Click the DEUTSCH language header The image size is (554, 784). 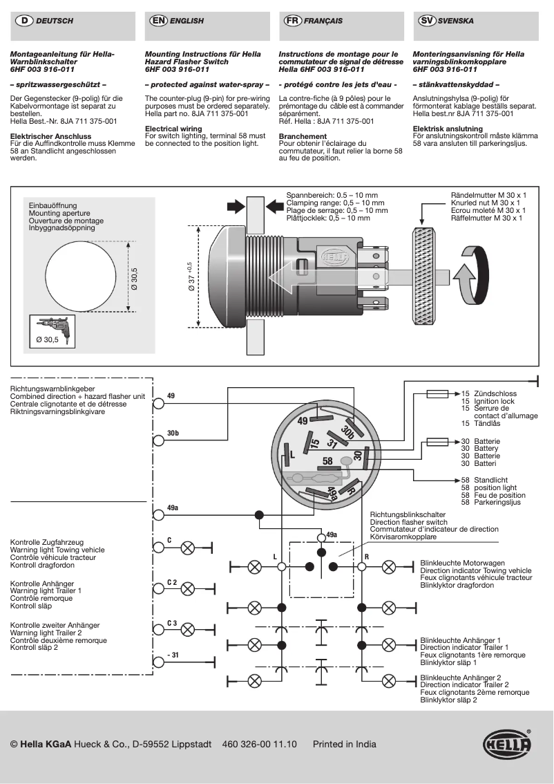click(54, 21)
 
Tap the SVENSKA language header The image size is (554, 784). click(456, 21)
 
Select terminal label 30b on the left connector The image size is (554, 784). click(173, 433)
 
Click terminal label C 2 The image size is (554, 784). click(172, 583)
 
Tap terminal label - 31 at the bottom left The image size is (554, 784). click(172, 654)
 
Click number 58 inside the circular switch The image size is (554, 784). click(328, 460)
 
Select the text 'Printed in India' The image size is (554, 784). click(344, 745)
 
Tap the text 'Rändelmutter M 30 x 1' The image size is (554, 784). click(488, 196)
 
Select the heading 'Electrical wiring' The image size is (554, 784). click(173, 129)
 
